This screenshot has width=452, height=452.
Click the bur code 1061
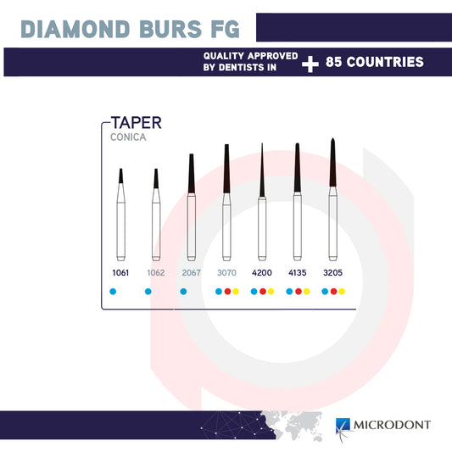coord(120,273)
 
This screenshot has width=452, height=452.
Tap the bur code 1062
coord(155,273)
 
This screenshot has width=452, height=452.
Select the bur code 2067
coord(191,273)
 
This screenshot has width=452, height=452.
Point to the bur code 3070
coord(226,273)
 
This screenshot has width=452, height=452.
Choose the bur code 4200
coord(262,273)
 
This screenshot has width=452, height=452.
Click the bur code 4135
coord(297,273)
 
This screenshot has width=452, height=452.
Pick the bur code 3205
coord(332,273)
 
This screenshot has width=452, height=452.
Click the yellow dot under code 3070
coord(236,292)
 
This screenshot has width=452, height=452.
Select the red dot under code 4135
coord(298,292)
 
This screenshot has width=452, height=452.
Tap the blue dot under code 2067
coord(183,292)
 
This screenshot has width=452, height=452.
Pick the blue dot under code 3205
coord(324,292)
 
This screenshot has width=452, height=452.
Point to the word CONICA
coord(127,136)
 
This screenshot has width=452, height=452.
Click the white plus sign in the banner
coord(310,63)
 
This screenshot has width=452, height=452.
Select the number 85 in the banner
coord(337,63)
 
